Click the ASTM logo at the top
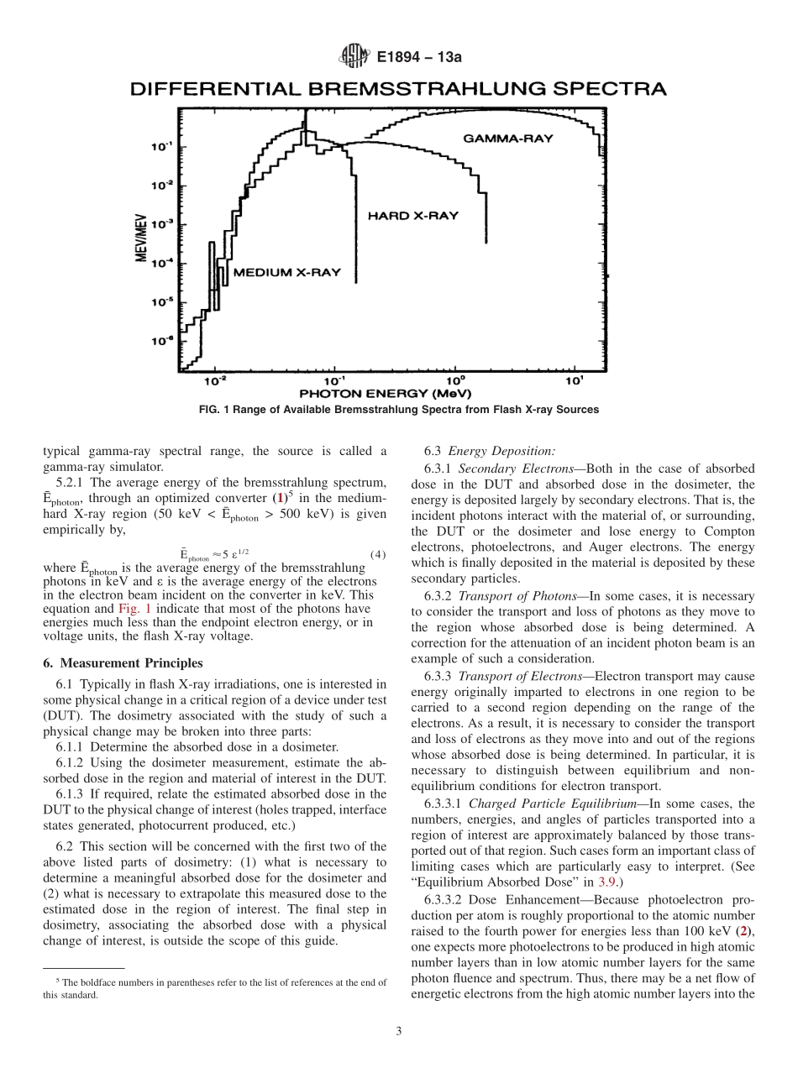pyautogui.click(x=354, y=56)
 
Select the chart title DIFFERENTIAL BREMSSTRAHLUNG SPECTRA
pyautogui.click(x=398, y=88)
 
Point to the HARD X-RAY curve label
pyautogui.click(x=412, y=216)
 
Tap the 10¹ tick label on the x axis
pyautogui.click(x=574, y=381)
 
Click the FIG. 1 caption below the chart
pyautogui.click(x=398, y=410)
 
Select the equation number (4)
pyautogui.click(x=377, y=554)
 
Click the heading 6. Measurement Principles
pyautogui.click(x=123, y=662)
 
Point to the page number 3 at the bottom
pyautogui.click(x=398, y=1032)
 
